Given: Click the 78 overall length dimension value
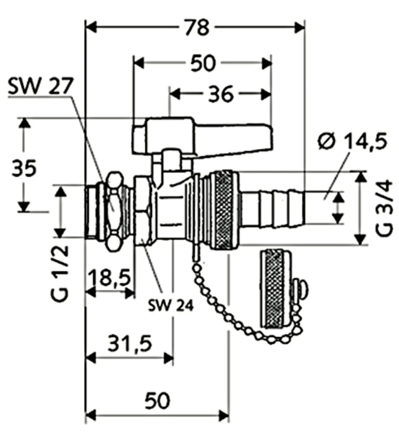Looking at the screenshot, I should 197,27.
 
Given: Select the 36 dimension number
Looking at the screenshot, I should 220,94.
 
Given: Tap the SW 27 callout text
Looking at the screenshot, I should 39,87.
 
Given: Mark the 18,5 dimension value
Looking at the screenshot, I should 110,277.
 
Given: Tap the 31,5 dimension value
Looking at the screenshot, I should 129,343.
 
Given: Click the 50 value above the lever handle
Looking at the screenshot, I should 202,63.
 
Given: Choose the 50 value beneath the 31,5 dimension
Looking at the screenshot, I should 158,401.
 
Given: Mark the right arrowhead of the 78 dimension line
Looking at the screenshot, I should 300,28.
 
